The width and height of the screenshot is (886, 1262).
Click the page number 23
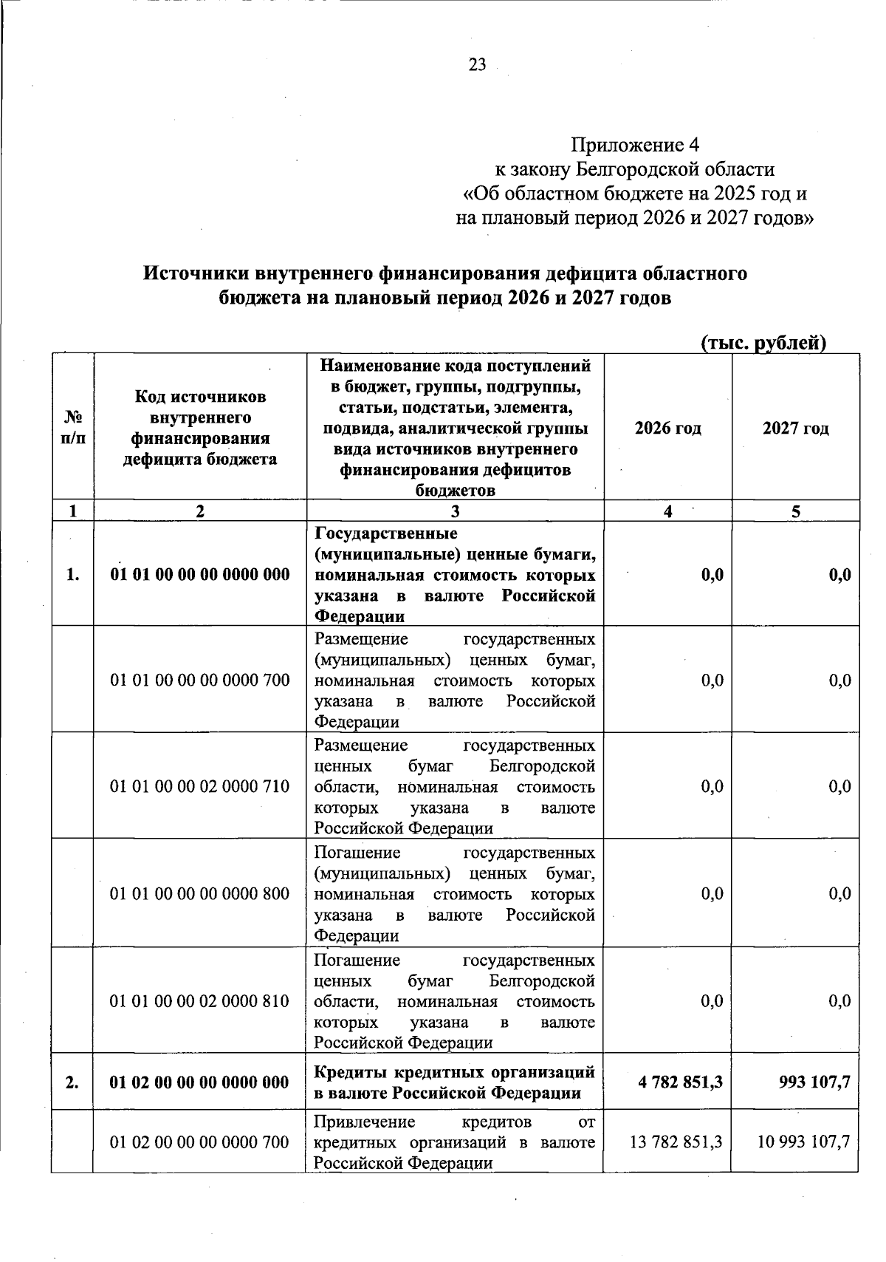pos(478,65)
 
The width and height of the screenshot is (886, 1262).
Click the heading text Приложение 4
pos(634,143)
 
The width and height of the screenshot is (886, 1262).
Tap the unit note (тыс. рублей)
pos(762,343)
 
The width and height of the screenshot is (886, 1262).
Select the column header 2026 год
pos(667,428)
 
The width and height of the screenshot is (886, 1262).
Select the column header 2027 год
pos(795,428)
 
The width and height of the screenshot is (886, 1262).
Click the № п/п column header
pos(72,428)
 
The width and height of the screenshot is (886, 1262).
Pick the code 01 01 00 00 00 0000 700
pos(199,679)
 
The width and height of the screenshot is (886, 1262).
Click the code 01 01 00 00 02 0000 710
pos(199,786)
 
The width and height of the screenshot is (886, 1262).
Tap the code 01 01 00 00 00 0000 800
pos(199,893)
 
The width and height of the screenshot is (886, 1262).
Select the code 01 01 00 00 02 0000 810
pos(199,1000)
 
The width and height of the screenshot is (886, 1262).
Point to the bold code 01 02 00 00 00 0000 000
pos(199,1082)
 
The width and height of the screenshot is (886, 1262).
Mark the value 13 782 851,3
pos(676,1142)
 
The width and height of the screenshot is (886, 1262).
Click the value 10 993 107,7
pos(803,1142)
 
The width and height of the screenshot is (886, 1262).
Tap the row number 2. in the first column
pos(72,1082)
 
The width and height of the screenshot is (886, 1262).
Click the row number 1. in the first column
pos(72,574)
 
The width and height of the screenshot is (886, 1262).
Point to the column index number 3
pos(455,511)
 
